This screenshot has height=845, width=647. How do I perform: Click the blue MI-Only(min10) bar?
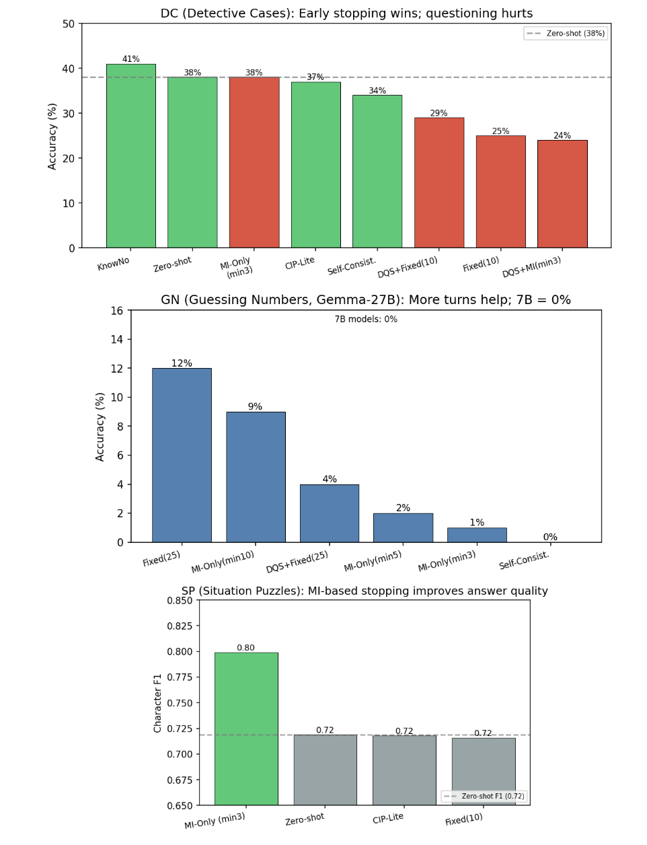(256, 477)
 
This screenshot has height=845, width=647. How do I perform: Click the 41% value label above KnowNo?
(130, 59)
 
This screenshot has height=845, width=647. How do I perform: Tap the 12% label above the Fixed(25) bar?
(182, 363)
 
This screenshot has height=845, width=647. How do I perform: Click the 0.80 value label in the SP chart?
(245, 648)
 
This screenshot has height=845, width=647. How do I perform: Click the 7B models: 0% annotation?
(366, 319)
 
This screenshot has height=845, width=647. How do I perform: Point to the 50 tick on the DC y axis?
(68, 24)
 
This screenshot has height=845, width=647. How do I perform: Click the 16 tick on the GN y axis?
(117, 311)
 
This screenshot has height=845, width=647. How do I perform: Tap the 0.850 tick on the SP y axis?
(180, 600)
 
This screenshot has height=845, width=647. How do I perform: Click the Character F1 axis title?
(158, 703)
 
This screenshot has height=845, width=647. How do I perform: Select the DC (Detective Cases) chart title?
(346, 13)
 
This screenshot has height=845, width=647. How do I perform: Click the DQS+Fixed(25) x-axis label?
(297, 562)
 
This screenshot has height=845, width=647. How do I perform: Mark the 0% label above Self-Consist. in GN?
(550, 537)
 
